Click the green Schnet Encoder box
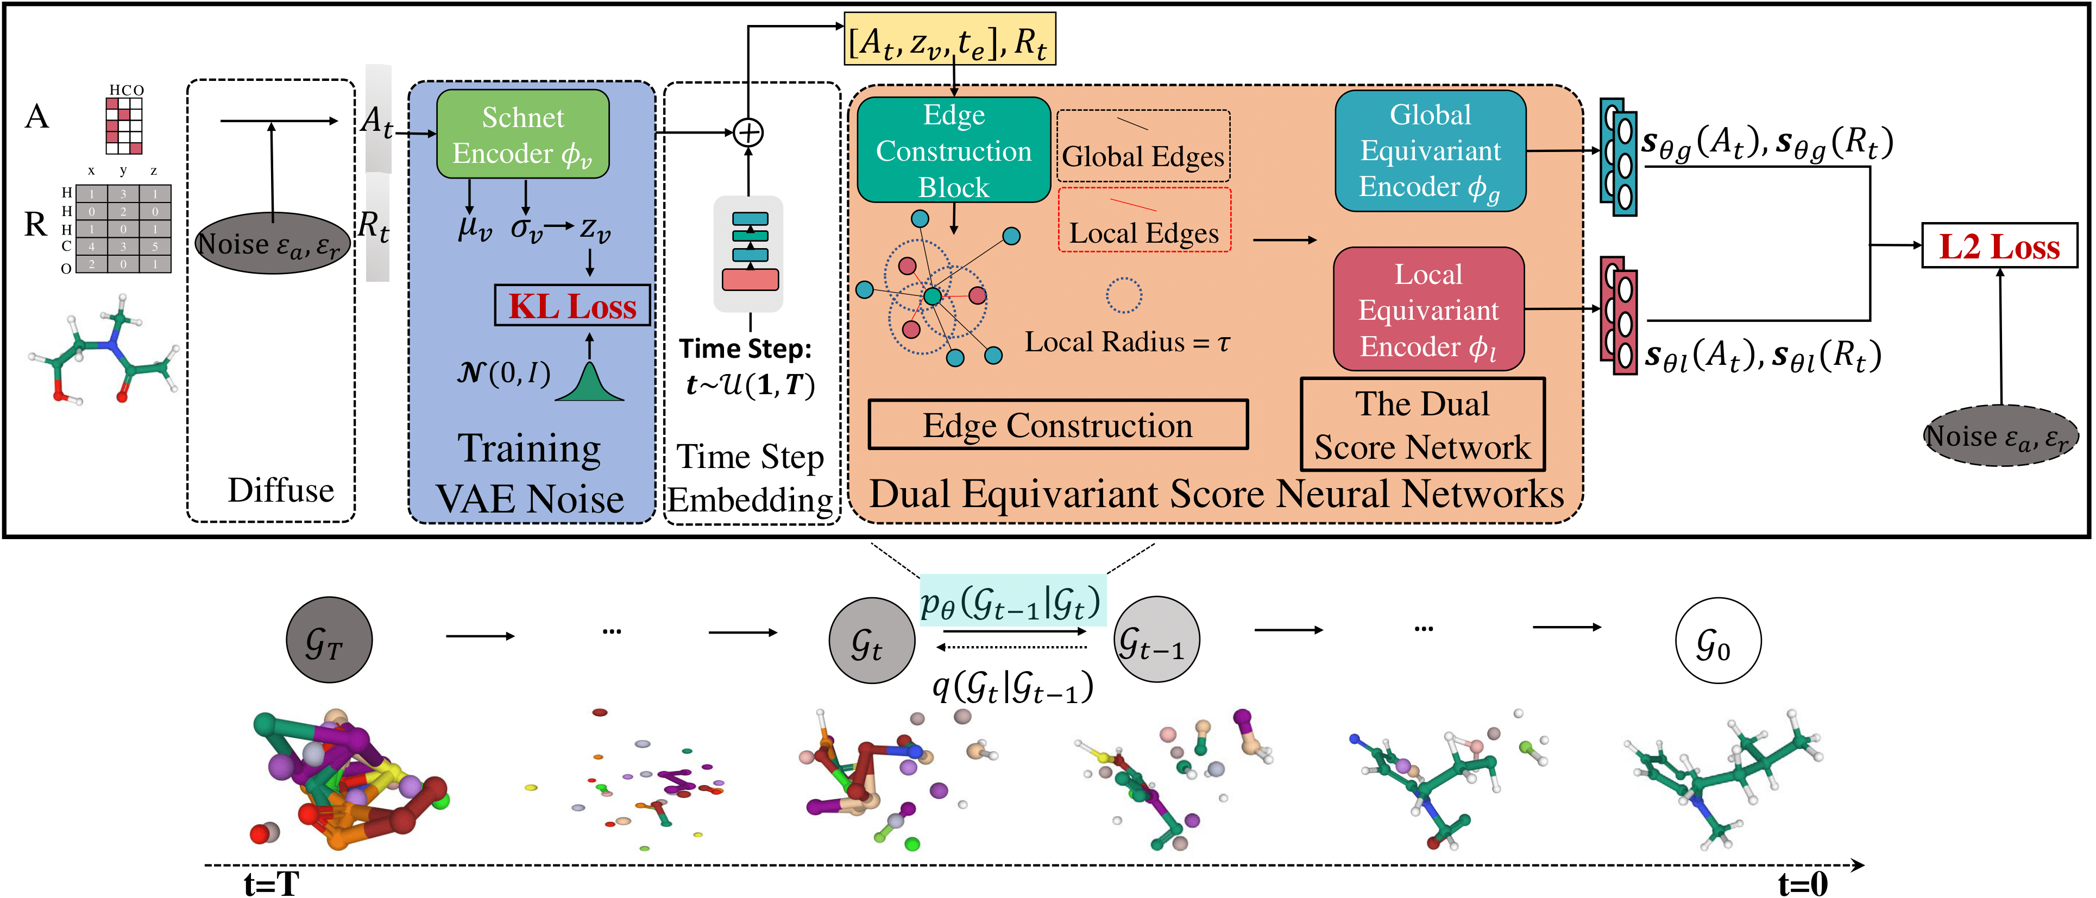(x=523, y=134)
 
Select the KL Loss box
(x=572, y=306)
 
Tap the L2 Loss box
(x=1999, y=245)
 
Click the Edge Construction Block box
(x=954, y=150)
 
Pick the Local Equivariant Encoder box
(x=1429, y=310)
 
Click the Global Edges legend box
(x=1143, y=147)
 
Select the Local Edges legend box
(x=1144, y=220)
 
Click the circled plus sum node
(x=748, y=132)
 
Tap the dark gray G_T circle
(x=329, y=640)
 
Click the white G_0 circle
(x=1719, y=641)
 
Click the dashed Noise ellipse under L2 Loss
(x=2001, y=436)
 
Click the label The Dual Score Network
(x=1422, y=425)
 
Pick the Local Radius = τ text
(x=1127, y=342)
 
